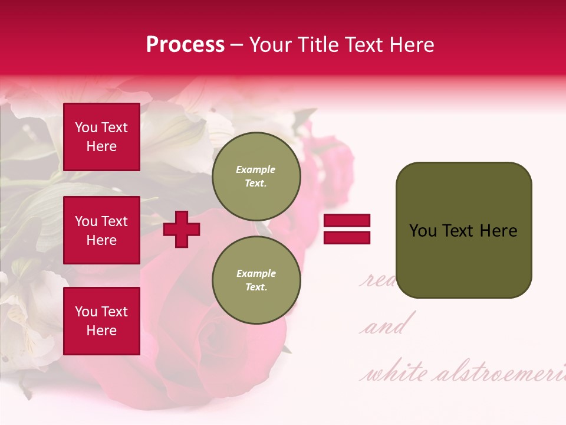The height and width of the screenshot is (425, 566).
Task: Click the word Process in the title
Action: (x=185, y=45)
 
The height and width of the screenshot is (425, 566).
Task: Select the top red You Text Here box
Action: (x=101, y=137)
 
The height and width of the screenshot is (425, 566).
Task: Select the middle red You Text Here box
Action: (x=101, y=230)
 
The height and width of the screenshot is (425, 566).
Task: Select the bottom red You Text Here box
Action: (x=101, y=321)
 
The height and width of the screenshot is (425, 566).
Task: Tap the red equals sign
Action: (x=347, y=230)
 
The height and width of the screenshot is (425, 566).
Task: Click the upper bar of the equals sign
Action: (x=347, y=221)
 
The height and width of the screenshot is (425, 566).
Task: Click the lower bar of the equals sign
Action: (x=347, y=238)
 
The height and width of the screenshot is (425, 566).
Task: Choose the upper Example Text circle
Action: (x=256, y=176)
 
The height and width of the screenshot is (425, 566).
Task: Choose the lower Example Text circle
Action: (x=256, y=280)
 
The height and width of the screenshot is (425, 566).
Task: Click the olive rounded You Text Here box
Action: (x=463, y=230)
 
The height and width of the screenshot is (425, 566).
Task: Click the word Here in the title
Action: (x=410, y=45)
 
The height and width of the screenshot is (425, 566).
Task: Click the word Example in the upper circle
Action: (x=256, y=169)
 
